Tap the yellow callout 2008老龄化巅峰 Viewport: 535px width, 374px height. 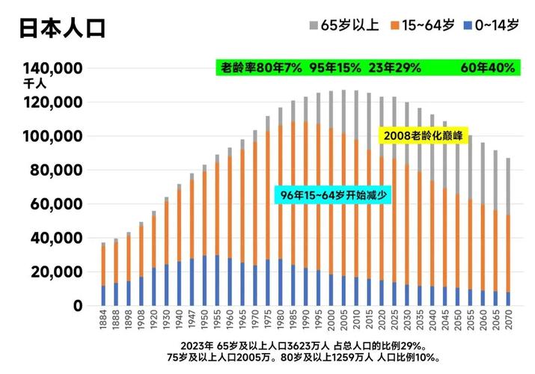click(x=423, y=135)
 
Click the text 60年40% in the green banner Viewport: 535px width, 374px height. click(x=487, y=68)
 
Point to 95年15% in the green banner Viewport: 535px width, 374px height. click(x=334, y=68)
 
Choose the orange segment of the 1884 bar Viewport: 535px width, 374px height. click(x=104, y=265)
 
